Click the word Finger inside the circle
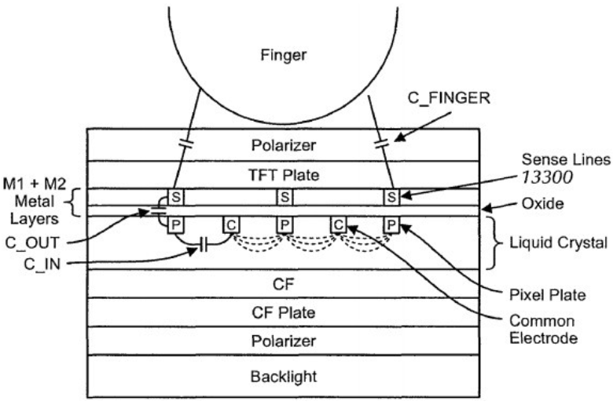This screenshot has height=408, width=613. (x=284, y=55)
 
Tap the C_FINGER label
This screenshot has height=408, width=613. (x=449, y=97)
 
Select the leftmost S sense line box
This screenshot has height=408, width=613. (x=176, y=197)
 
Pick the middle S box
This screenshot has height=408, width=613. (x=284, y=197)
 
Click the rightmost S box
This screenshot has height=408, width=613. (x=391, y=197)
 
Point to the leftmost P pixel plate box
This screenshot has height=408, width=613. (x=176, y=225)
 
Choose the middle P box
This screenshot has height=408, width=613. (x=284, y=225)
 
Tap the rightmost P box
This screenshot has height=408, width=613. (x=391, y=225)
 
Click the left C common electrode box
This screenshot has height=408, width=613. (x=231, y=225)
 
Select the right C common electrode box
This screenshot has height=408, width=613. (x=339, y=225)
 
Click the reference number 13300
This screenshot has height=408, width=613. (x=547, y=177)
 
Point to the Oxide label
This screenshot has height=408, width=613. (x=542, y=204)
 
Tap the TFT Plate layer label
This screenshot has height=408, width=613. (x=284, y=175)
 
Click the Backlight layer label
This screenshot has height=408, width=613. (x=284, y=377)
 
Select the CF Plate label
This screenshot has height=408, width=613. (x=284, y=313)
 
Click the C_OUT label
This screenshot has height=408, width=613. (x=32, y=243)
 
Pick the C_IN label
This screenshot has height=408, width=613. (x=42, y=264)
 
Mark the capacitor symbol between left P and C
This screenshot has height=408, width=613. (x=204, y=246)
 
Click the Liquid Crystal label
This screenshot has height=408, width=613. (x=558, y=243)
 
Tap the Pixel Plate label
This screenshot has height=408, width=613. (x=547, y=295)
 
